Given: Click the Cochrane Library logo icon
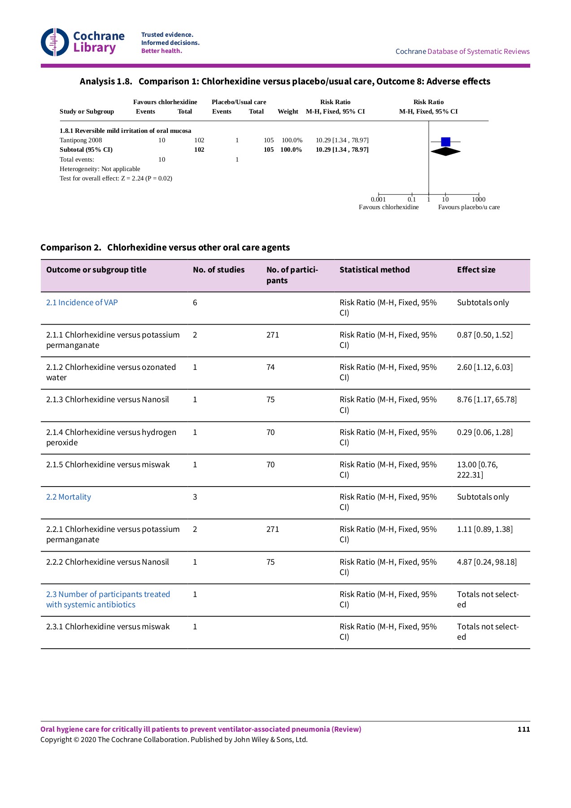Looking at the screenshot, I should coord(55,42).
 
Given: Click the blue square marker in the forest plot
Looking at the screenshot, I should coord(445,142).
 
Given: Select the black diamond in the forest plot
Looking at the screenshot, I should coord(445,152).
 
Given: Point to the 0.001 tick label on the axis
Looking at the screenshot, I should coord(378,199).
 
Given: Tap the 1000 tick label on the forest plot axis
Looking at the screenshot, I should coord(479,199).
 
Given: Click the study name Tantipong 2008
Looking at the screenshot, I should coord(81,140).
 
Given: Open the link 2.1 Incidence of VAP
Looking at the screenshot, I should coord(82,303).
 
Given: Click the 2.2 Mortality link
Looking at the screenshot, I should coord(69,497).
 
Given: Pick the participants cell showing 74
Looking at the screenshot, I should coord(270,367).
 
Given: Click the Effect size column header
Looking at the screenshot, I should coord(476,270).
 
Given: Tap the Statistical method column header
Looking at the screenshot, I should coord(375,270).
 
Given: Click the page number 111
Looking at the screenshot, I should coord(523,729).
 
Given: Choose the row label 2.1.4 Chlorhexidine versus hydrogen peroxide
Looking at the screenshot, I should coord(111,437).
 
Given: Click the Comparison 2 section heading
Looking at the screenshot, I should coord(165,247).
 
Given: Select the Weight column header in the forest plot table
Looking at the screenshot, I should coord(288,111).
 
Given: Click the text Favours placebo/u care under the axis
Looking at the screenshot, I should coord(469,207).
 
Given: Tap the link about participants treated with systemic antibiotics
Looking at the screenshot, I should coord(108,599).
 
